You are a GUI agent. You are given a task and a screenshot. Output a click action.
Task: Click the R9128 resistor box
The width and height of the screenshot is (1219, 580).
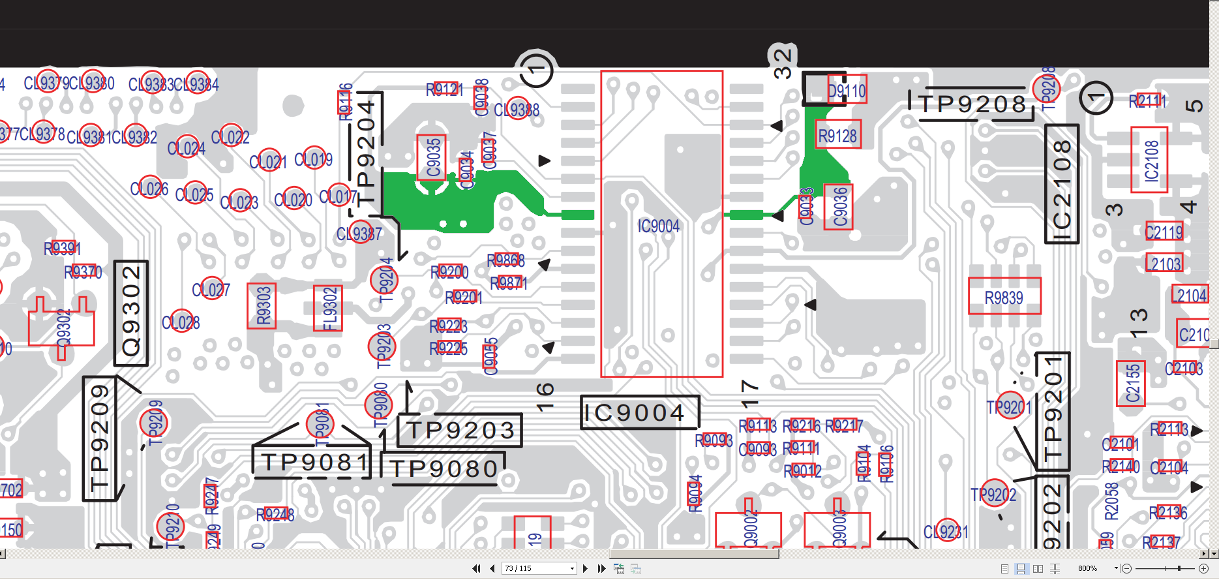(837, 135)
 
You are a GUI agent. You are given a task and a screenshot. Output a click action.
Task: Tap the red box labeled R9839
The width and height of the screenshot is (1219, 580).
(1004, 297)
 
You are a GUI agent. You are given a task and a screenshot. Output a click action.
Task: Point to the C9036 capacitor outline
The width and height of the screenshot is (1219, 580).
(839, 207)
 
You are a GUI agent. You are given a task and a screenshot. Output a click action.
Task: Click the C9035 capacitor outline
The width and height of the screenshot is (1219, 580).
(432, 157)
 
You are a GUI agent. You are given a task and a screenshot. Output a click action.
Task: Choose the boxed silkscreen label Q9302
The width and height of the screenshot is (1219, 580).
(131, 313)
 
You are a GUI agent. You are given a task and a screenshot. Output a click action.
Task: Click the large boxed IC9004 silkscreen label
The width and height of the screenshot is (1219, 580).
(639, 412)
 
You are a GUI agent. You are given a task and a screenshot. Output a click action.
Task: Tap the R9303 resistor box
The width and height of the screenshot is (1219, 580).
(262, 306)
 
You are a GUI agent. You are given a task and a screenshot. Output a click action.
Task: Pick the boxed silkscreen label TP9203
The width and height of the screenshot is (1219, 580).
(460, 431)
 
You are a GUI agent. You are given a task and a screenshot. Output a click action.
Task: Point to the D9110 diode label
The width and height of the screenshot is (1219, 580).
(847, 90)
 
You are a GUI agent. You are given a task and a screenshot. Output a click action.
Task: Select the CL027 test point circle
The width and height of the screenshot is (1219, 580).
(210, 288)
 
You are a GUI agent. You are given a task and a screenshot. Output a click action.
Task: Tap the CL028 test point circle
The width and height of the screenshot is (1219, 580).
(181, 322)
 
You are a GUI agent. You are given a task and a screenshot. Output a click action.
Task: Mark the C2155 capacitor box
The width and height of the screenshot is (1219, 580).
(1131, 383)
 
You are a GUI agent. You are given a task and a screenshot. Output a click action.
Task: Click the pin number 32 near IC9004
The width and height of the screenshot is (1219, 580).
(783, 63)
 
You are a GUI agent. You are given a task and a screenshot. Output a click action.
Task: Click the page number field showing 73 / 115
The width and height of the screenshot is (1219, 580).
(539, 568)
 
